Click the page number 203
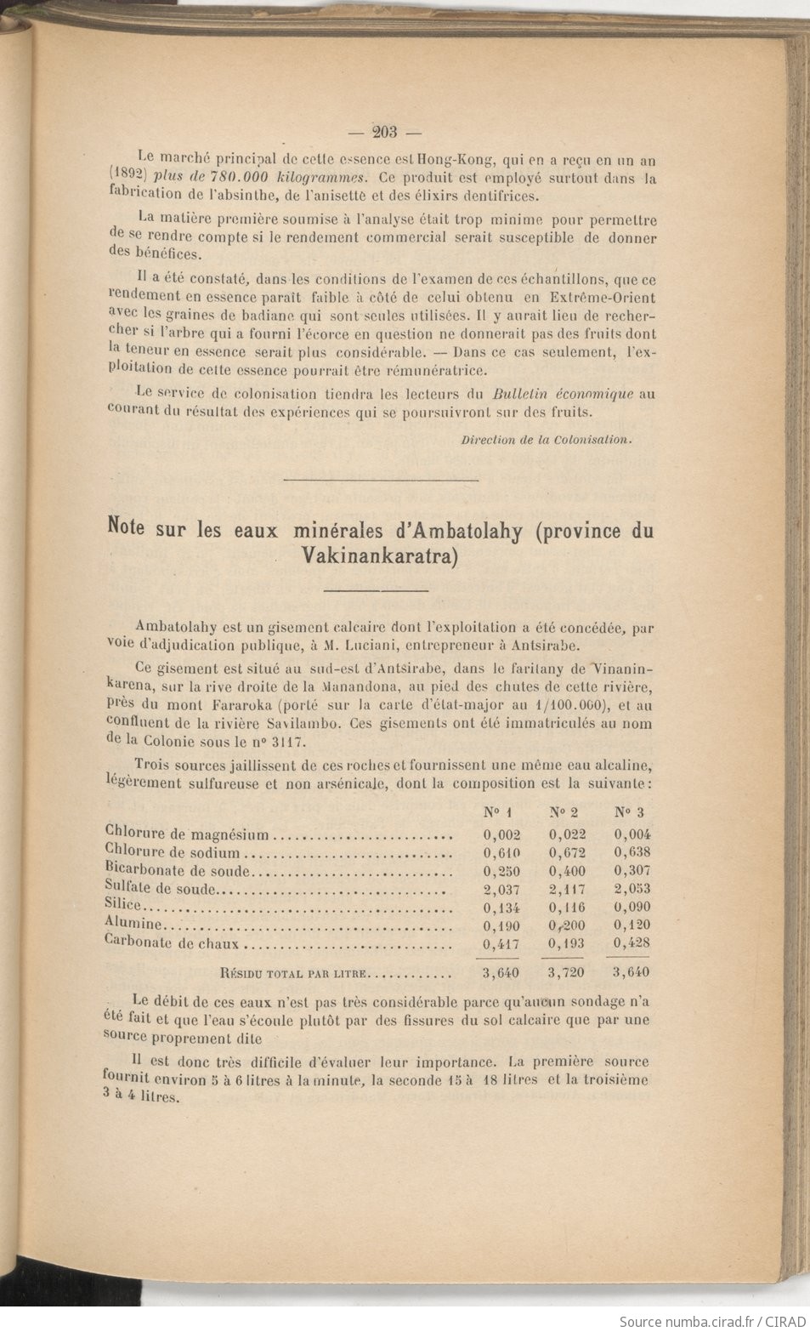(x=385, y=131)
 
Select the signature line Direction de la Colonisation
(x=547, y=440)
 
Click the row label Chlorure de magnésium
(x=187, y=834)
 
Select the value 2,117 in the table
(x=567, y=890)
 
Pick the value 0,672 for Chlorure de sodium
(x=567, y=853)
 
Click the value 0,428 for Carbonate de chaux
(x=632, y=943)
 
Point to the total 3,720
(x=567, y=972)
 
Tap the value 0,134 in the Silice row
(x=501, y=908)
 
